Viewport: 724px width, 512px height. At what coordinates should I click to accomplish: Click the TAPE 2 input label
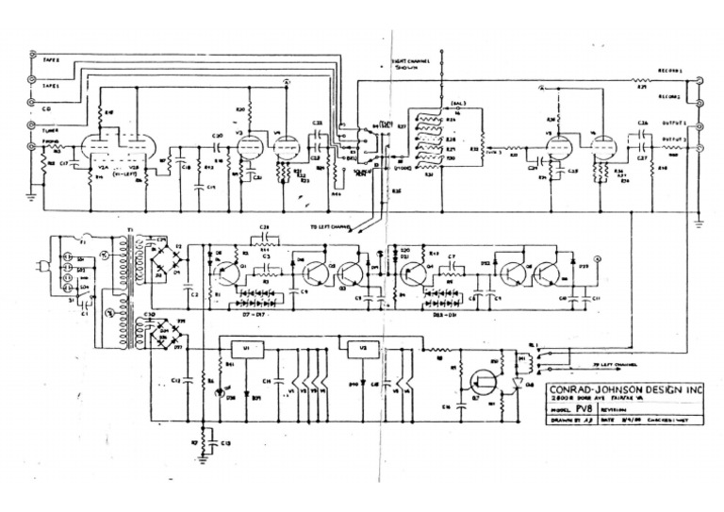(x=51, y=58)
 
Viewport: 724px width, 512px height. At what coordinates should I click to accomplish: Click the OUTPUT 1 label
(x=671, y=123)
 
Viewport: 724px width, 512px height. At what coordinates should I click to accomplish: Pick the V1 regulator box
(x=246, y=347)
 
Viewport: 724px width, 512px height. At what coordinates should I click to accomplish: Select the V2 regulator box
(x=363, y=346)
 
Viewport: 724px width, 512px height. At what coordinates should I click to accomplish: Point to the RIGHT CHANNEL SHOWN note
(x=411, y=64)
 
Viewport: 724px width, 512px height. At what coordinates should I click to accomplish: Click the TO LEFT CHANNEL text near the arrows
(x=329, y=227)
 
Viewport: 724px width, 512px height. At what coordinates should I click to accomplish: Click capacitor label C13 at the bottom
(x=224, y=442)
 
